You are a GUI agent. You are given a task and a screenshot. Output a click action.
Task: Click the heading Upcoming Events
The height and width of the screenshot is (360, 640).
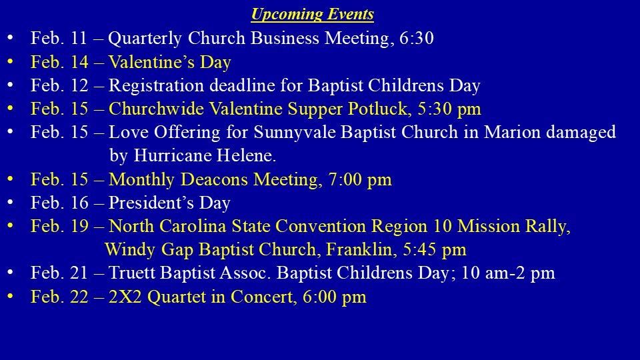tap(312, 14)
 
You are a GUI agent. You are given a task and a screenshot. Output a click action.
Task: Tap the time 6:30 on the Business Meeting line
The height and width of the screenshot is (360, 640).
tap(416, 38)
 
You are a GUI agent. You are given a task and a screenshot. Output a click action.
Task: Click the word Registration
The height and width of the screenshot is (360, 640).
tap(156, 86)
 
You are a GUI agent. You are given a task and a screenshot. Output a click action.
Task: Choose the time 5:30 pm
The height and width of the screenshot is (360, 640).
tap(449, 109)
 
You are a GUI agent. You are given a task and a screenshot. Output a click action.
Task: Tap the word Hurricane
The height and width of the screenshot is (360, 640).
tap(172, 155)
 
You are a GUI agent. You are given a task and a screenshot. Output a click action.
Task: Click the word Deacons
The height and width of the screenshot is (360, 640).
tap(214, 179)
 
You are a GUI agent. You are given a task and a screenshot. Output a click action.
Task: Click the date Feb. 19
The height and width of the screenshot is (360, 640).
tap(59, 226)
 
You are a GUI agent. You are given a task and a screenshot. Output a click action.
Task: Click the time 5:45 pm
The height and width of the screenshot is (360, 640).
tap(434, 250)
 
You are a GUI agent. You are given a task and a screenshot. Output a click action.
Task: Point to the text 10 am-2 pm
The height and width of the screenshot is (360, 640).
tap(508, 273)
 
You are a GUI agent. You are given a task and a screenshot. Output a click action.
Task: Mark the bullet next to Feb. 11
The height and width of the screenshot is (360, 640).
tap(10, 38)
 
